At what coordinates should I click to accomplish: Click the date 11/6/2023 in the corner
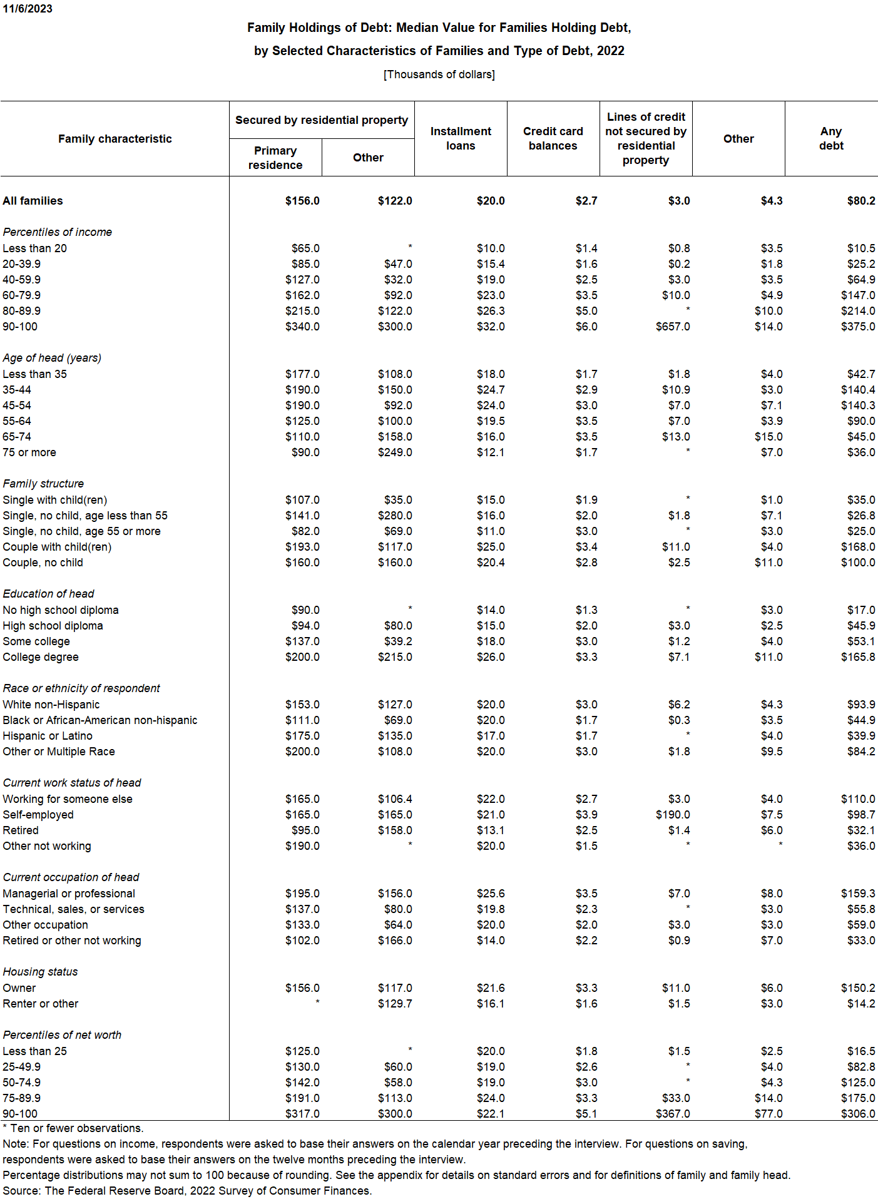coord(28,9)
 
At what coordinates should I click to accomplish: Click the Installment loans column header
coord(461,138)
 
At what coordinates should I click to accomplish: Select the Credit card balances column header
coord(553,138)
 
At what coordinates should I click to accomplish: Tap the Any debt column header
coord(831,138)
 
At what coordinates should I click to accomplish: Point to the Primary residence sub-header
coord(275,158)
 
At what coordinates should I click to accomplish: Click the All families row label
coord(33,201)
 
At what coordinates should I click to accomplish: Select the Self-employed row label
coord(38,815)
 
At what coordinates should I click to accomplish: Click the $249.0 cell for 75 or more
coord(395,452)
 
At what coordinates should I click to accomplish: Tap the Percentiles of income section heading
coord(58,232)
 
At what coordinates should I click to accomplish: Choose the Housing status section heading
coord(41,972)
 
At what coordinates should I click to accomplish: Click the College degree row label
coord(41,657)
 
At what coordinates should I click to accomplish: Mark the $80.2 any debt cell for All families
coord(861,201)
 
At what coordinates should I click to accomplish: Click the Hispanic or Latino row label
coord(48,736)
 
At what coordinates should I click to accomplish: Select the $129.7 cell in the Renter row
coord(395,1004)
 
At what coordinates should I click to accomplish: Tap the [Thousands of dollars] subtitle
coord(439,74)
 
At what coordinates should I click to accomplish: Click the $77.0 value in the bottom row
coord(768,1114)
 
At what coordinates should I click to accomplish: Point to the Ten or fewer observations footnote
coord(73,1128)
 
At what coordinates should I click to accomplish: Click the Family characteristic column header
coord(115,139)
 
